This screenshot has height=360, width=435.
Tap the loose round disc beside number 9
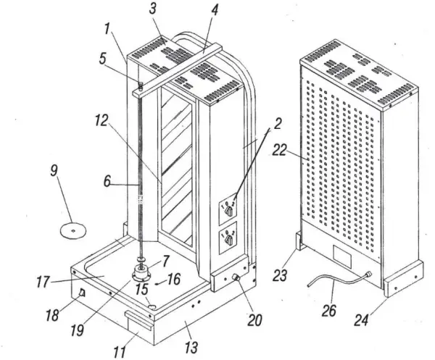click(72, 230)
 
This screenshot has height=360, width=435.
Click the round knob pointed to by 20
click(236, 280)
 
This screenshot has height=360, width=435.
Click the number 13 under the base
click(190, 348)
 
